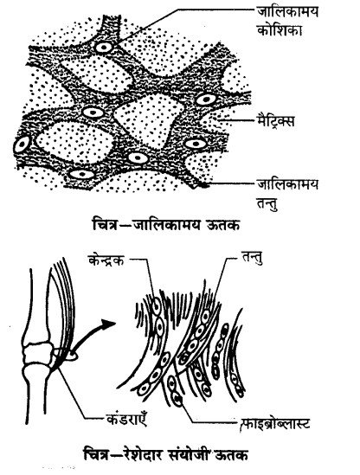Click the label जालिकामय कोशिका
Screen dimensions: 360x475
point(287,22)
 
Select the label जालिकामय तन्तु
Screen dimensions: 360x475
point(287,194)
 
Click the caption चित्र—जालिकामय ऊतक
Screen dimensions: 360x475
point(166,226)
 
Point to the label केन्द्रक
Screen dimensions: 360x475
point(106,260)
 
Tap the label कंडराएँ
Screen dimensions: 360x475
point(126,419)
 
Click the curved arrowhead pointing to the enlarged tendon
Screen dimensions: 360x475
point(108,324)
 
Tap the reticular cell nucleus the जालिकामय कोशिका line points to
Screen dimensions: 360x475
point(104,48)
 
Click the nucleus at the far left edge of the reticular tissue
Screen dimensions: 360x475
point(22,144)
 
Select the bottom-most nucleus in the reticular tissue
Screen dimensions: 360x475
point(81,175)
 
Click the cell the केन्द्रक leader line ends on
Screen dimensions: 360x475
point(157,305)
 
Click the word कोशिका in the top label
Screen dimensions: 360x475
point(280,29)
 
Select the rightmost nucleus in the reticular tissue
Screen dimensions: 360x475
point(206,99)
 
